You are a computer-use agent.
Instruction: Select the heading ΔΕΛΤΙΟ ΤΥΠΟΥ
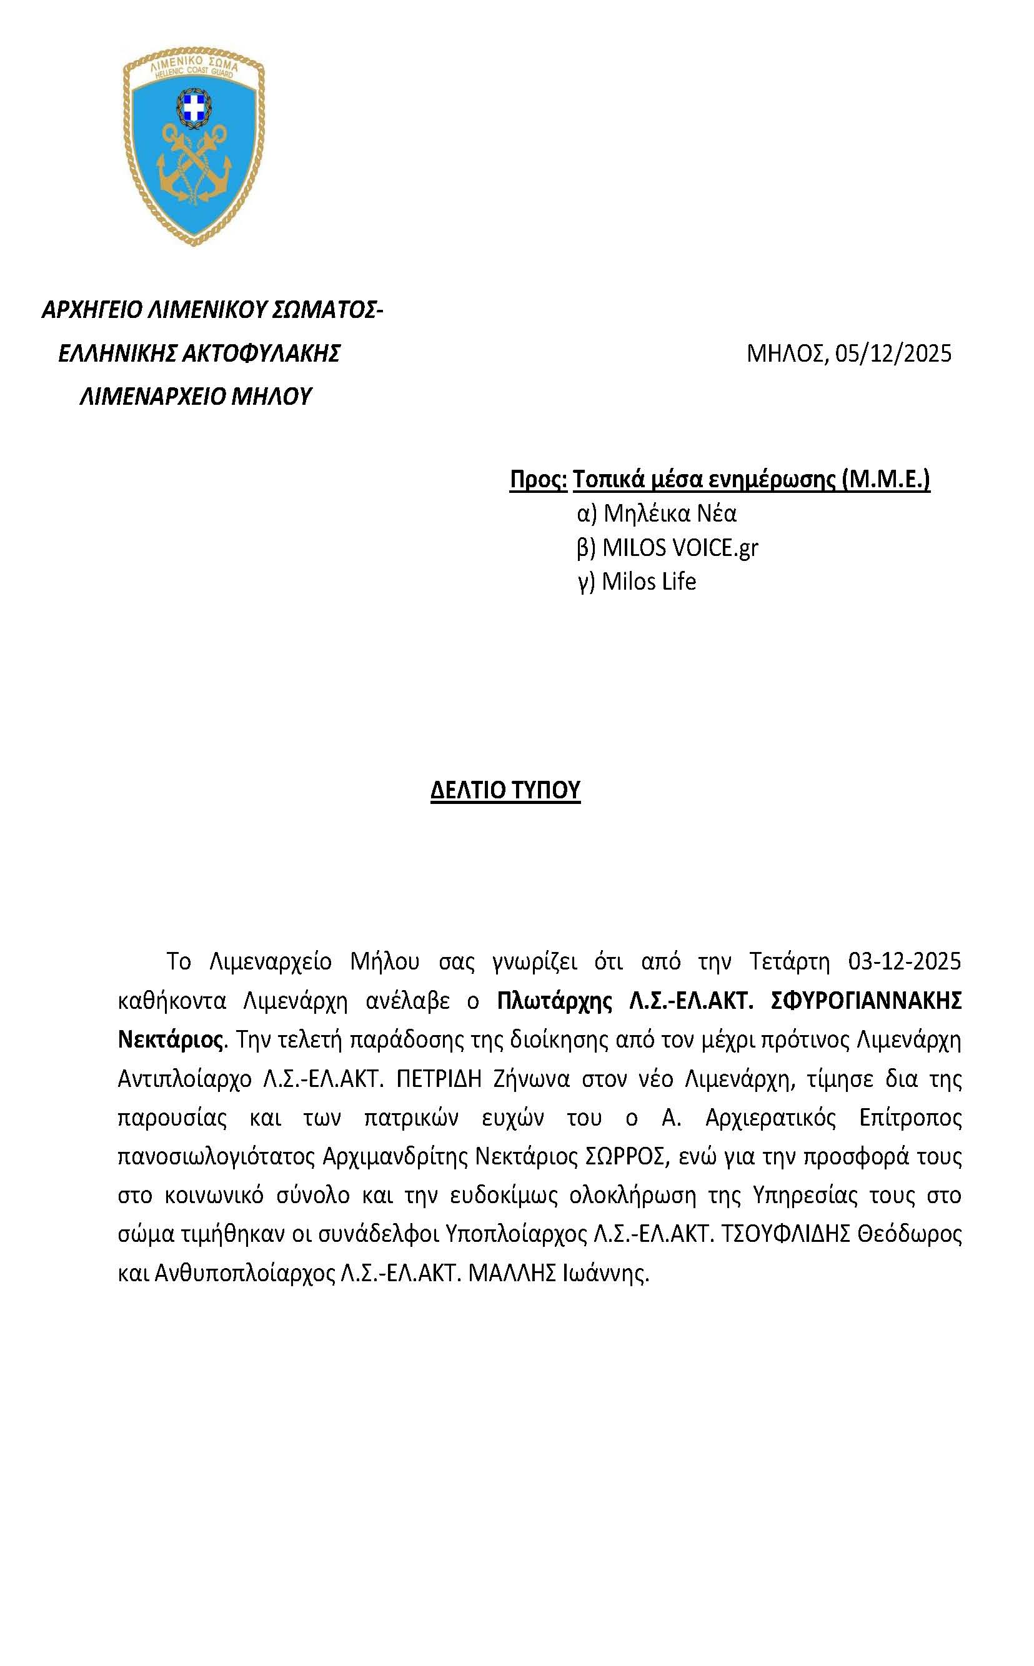pos(505,790)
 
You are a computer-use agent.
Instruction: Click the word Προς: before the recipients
pos(538,479)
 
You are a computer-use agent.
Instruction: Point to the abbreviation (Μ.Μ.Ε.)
pos(887,479)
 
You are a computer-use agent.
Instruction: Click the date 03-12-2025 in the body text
pos(904,961)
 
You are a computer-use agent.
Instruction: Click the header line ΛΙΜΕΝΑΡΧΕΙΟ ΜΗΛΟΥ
pos(196,396)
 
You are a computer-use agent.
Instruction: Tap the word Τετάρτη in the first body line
pos(789,961)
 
